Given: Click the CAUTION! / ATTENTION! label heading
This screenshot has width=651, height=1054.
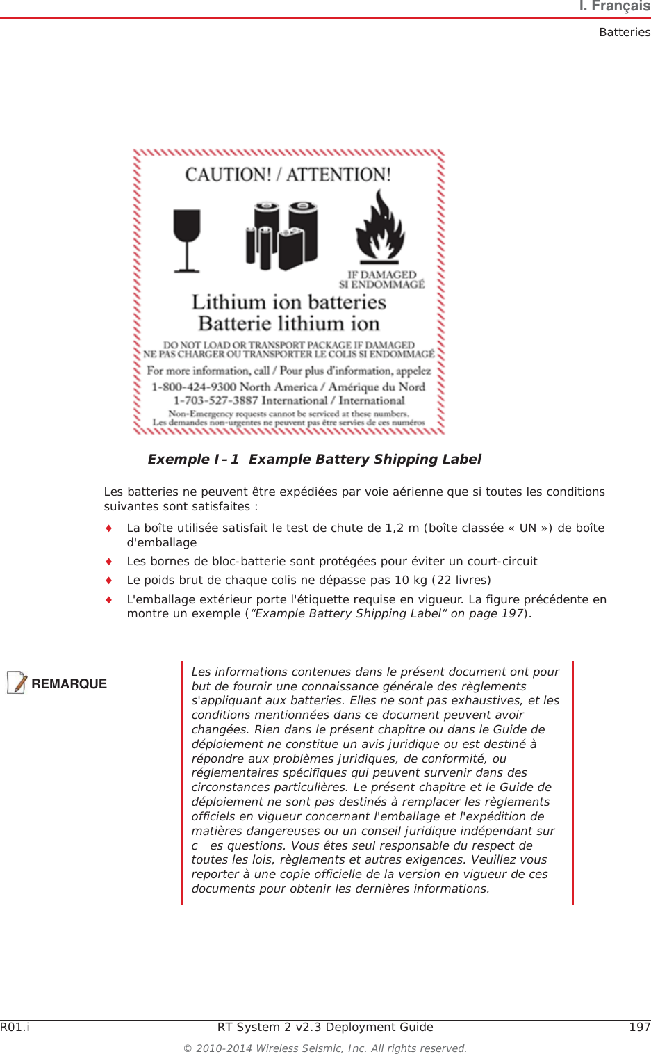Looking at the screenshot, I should click(x=288, y=175).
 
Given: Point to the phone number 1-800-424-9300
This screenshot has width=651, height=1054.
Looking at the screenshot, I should click(x=194, y=387).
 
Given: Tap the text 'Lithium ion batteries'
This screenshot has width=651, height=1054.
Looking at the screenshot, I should click(x=288, y=302).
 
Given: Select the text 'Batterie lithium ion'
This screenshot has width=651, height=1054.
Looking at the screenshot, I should click(x=288, y=323).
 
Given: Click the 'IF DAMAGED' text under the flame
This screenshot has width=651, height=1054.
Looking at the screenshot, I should click(x=381, y=275).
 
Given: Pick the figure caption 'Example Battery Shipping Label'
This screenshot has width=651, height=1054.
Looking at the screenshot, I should click(x=365, y=459).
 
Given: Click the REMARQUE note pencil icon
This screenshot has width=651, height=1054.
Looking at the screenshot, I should click(x=17, y=683).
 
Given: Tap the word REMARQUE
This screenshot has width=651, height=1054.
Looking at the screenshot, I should click(x=69, y=683).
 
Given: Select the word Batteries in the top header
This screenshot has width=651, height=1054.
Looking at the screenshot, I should click(x=625, y=32).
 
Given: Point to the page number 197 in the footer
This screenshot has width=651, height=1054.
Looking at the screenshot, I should click(x=639, y=1027).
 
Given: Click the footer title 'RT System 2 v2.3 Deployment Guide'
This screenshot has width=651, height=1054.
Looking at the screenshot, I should click(x=325, y=1027).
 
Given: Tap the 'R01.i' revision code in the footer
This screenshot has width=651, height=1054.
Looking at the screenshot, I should click(x=15, y=1027).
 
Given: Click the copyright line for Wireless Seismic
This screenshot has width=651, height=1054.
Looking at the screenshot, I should click(x=325, y=1048).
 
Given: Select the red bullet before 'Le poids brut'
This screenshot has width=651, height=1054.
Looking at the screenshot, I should click(x=108, y=580).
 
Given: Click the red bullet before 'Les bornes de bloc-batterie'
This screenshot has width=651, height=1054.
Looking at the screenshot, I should click(x=108, y=561).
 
